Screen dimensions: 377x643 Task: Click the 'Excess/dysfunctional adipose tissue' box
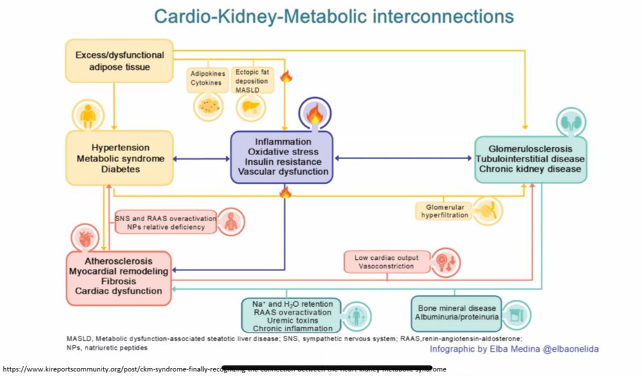click(120, 60)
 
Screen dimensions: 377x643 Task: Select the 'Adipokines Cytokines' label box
click(206, 78)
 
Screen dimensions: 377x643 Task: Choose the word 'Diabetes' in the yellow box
click(120, 169)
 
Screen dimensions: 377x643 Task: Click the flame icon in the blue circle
click(315, 116)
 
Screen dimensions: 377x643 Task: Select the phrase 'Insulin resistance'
click(283, 161)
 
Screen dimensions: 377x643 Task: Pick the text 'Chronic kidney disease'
click(530, 169)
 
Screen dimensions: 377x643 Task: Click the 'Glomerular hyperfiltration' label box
click(444, 212)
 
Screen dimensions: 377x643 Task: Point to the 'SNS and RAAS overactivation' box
click(160, 223)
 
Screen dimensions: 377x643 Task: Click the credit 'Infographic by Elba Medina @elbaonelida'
click(514, 349)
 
